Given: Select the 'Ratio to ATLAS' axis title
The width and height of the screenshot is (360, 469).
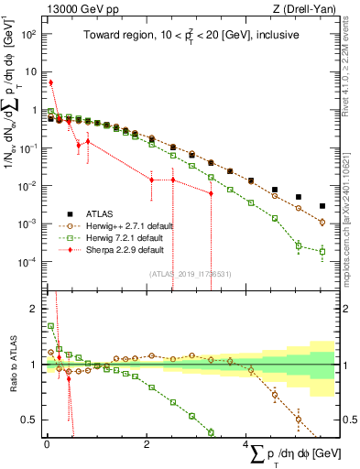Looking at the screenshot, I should click(11, 365).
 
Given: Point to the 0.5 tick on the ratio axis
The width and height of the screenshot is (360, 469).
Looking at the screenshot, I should click(30, 420).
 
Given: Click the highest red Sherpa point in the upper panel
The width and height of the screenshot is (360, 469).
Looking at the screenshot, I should click(51, 82).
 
